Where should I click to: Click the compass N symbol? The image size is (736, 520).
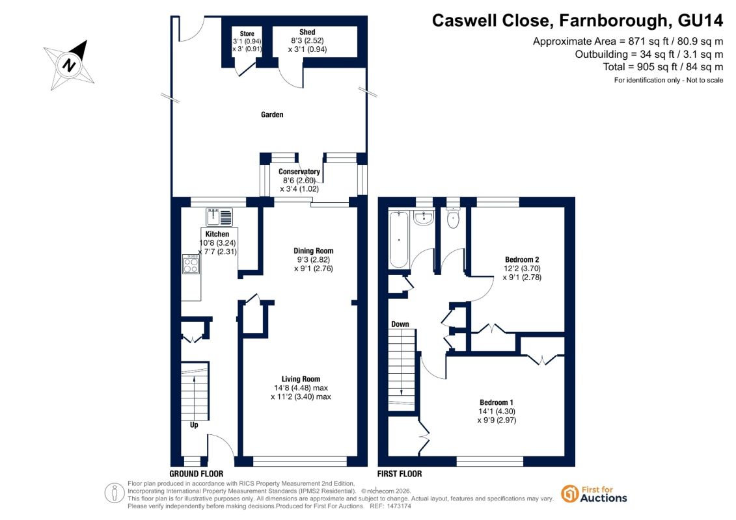pos(70,64)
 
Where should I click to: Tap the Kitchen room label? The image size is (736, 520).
pos(217,234)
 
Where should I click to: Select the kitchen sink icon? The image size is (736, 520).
pos(219,218)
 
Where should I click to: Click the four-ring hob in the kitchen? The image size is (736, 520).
pos(191,265)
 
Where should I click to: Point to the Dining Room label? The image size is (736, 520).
pos(314,251)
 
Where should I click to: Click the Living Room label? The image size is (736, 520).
pos(301,379)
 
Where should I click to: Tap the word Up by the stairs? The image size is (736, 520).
pos(194,425)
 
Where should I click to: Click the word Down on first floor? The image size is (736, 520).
pos(400,324)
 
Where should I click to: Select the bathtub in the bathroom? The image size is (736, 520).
pos(399,240)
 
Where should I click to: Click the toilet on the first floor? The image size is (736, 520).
pos(453,218)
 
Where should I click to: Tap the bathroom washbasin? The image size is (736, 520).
pos(424,218)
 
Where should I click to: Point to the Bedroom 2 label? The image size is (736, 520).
pos(522,260)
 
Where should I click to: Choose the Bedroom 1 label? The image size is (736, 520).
pos(496,402)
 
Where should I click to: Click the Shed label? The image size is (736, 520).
pos(307,32)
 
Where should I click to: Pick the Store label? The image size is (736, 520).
pos(247,34)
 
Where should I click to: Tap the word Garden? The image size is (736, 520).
pos(272,114)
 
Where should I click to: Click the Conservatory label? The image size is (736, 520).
pos(299,172)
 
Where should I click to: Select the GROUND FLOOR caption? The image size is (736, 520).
pos(197,474)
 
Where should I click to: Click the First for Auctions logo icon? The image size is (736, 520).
pos(570,494)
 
